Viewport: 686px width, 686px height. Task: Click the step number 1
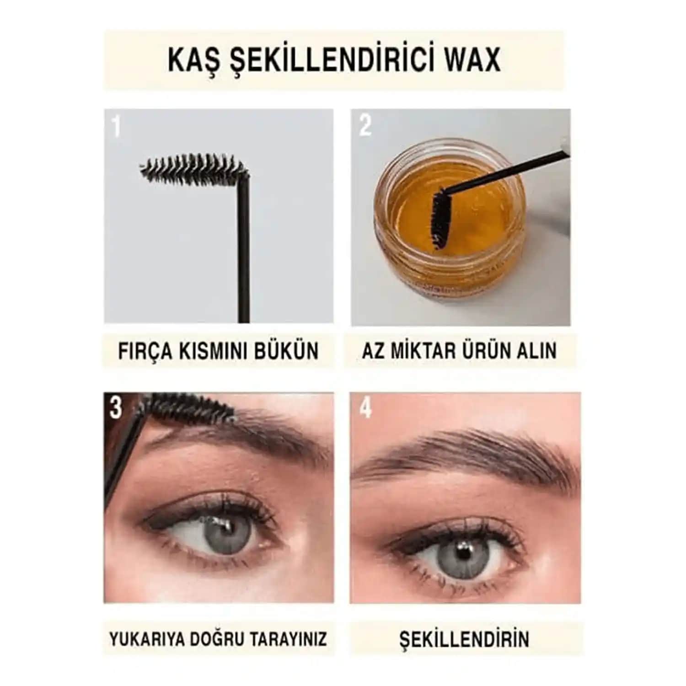tap(116, 126)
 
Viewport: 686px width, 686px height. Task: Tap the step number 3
tap(116, 407)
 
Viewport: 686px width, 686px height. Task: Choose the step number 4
tap(365, 407)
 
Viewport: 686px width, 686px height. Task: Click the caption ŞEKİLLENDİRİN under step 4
tap(464, 639)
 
